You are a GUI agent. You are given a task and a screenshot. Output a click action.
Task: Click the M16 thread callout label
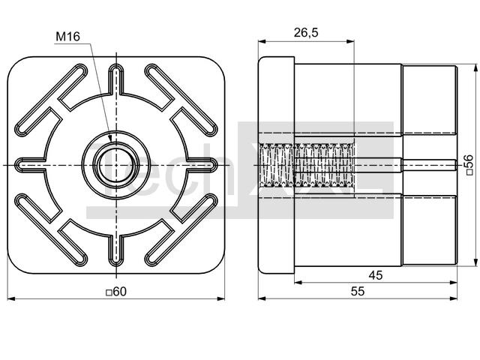point(67,37)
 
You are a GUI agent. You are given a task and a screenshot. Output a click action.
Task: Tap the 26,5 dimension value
point(306,32)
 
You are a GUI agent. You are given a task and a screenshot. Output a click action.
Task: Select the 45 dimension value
point(375,275)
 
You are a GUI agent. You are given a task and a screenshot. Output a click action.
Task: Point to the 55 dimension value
point(358,291)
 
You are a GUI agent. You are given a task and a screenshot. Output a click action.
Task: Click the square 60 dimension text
point(116,292)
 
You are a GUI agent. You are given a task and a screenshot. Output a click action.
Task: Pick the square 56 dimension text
point(470,165)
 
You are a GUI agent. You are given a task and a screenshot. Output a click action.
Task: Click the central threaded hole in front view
point(116,165)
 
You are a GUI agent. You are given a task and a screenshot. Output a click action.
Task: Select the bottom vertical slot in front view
point(116,251)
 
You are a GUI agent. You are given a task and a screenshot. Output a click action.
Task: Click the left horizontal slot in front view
point(30,165)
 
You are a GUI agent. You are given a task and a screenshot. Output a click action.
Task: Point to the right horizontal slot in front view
point(202,165)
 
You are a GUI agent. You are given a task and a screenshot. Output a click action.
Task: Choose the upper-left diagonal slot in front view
point(51,100)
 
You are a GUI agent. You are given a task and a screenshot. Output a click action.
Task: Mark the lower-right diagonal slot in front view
point(181,230)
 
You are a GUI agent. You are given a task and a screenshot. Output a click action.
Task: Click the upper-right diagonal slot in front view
point(181,100)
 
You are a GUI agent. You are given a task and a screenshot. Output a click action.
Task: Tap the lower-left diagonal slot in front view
point(51,230)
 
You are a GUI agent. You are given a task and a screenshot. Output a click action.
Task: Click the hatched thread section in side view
point(307,165)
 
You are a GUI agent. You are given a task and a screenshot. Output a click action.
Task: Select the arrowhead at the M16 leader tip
point(110,138)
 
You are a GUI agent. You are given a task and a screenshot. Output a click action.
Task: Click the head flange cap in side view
point(276,165)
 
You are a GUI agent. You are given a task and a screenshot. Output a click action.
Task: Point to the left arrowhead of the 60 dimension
point(11,298)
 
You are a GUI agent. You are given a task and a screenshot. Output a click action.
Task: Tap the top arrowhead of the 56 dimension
point(475,68)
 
